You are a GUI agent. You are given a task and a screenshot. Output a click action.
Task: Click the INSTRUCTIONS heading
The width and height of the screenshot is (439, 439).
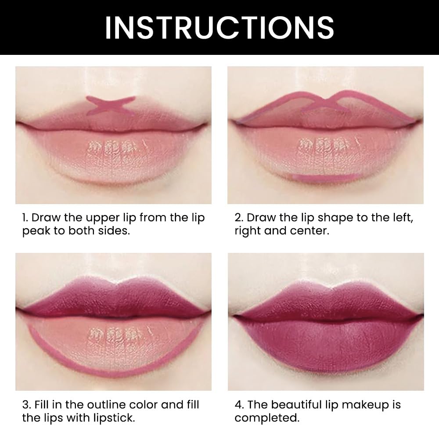219,27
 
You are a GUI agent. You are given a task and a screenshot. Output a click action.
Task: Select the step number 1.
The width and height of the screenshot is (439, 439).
25,218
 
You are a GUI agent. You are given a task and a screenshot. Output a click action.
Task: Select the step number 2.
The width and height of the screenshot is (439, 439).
238,218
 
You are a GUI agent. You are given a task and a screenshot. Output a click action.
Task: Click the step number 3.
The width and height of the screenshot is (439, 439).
25,405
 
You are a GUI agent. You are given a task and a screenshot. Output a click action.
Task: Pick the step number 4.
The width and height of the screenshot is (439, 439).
238,405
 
